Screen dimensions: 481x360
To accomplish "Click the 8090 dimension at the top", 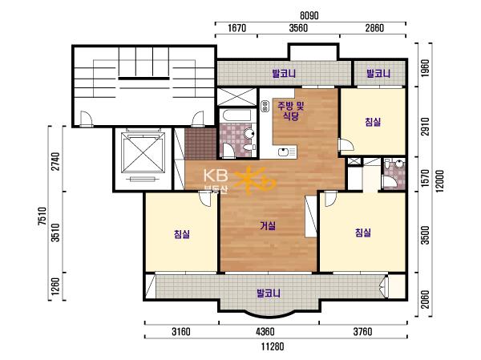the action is point(309,15).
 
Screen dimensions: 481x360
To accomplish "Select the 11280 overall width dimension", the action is point(273,347).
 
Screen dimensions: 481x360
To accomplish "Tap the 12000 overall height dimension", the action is point(439,180).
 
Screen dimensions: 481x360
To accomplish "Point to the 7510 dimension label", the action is point(42,216).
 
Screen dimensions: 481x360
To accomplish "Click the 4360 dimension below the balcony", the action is point(265,332).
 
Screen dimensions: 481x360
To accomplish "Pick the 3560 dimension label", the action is point(298,28).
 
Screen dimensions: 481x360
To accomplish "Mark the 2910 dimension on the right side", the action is point(426,127).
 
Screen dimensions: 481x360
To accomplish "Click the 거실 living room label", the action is point(268,226).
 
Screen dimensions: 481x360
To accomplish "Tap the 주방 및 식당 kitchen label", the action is point(290,111).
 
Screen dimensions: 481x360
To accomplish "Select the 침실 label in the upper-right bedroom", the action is point(373,122).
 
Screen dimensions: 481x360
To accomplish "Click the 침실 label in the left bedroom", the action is point(182,234).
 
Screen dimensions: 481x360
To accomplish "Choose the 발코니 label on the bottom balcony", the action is point(269,293).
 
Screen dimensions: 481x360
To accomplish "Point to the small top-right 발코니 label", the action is point(378,74).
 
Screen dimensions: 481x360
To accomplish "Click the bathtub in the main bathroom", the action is point(237,115).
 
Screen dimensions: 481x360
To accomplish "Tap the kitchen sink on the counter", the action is point(287,152).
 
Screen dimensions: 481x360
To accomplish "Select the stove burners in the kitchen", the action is point(265,106).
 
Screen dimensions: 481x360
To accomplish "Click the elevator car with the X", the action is point(142,153).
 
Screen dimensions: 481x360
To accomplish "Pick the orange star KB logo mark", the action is point(254,181).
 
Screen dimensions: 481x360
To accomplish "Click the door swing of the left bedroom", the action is point(204,199).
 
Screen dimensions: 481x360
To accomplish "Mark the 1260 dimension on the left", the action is point(55,286).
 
